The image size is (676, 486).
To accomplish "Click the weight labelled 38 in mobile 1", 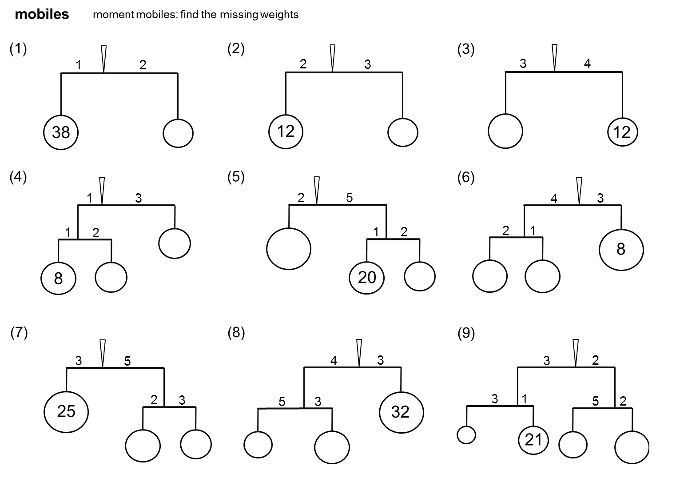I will click(61, 132).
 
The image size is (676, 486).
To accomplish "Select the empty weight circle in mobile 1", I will click(178, 133).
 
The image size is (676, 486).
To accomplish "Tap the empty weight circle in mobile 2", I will click(403, 132).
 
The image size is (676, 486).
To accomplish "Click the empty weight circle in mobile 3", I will click(505, 131).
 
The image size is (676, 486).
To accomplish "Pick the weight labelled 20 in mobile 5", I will click(367, 277).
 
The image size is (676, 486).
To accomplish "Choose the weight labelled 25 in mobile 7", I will click(66, 411).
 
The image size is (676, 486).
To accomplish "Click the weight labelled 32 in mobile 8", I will click(401, 412).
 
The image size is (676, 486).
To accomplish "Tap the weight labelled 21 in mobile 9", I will click(533, 440).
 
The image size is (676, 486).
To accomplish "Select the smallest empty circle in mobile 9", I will click(466, 435).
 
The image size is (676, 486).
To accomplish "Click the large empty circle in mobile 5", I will click(289, 249).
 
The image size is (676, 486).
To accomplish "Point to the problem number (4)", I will click(18, 177).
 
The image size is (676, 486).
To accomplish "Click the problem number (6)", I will click(466, 178).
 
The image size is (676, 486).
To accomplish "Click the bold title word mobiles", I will click(42, 15).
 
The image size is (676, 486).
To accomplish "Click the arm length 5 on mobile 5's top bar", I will click(350, 198).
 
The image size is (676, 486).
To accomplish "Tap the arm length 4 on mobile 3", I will click(587, 64).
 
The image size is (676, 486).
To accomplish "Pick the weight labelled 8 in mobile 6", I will click(621, 249).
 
